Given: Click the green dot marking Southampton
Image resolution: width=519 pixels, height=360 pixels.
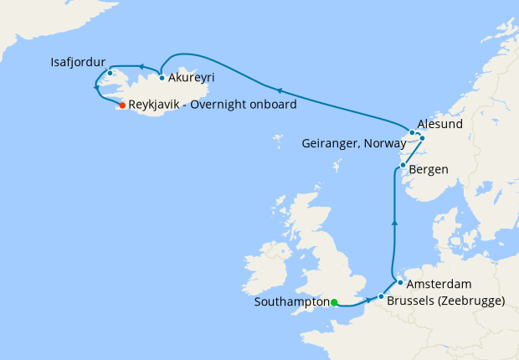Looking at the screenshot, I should (333, 302).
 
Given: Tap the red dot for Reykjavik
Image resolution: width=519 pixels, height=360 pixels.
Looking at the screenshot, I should (122, 105).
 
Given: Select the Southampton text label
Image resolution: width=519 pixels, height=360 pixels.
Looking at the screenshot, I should (290, 302).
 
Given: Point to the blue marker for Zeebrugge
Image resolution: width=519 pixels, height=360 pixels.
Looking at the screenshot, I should (381, 296).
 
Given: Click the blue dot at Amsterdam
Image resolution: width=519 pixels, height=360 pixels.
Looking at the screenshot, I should (400, 282).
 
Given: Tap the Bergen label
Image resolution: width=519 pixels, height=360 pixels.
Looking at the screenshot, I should (429, 169).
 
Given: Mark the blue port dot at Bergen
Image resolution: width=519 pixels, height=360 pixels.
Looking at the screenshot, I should (403, 166).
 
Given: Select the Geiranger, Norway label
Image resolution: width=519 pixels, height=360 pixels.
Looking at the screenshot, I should (355, 143).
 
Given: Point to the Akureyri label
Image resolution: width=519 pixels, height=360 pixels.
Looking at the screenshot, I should (192, 78).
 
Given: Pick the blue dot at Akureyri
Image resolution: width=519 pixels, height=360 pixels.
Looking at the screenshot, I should (162, 78).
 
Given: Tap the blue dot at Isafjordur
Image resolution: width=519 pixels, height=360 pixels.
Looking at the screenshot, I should (110, 73).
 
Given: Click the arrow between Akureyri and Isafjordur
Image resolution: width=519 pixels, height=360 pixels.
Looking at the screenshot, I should (141, 66).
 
